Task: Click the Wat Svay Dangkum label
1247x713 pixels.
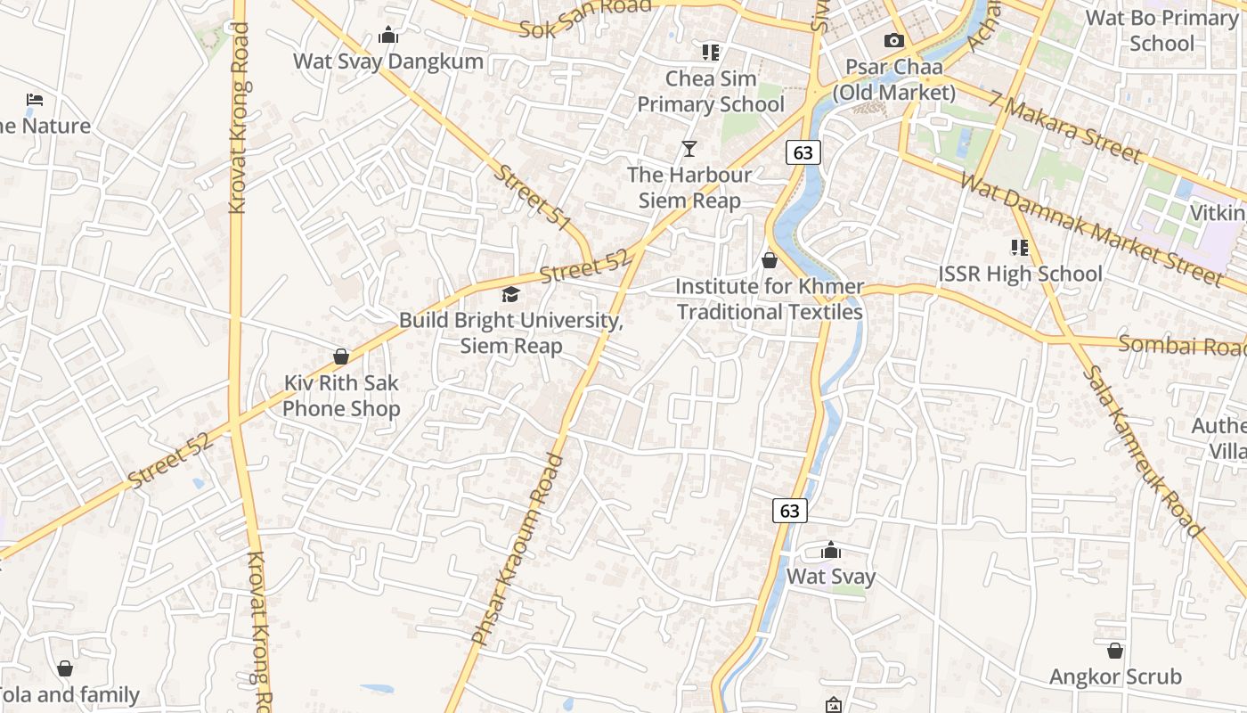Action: point(388,61)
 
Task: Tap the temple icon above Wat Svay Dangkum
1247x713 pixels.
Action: point(388,36)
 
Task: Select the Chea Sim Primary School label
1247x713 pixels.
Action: point(711,91)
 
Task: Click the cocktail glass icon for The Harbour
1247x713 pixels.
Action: point(689,148)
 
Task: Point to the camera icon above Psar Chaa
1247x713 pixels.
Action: point(893,41)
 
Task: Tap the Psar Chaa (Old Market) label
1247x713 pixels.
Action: point(893,79)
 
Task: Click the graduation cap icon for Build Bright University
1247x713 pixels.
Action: point(510,294)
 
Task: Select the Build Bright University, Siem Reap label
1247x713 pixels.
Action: point(510,332)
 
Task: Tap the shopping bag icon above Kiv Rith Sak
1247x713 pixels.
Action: point(341,356)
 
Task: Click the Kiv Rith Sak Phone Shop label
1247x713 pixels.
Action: point(341,396)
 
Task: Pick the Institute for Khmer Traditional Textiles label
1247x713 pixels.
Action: point(770,299)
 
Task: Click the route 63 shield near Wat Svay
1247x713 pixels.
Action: point(789,511)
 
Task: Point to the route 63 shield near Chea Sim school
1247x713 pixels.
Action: point(803,152)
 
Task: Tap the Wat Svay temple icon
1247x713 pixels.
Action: point(831,550)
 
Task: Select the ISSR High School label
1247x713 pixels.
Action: point(1021,274)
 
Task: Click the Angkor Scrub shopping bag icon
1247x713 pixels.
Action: point(1115,651)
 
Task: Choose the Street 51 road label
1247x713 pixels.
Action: point(533,199)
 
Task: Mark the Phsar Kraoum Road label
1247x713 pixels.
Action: point(518,549)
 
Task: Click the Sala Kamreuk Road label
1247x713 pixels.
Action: point(1144,451)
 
